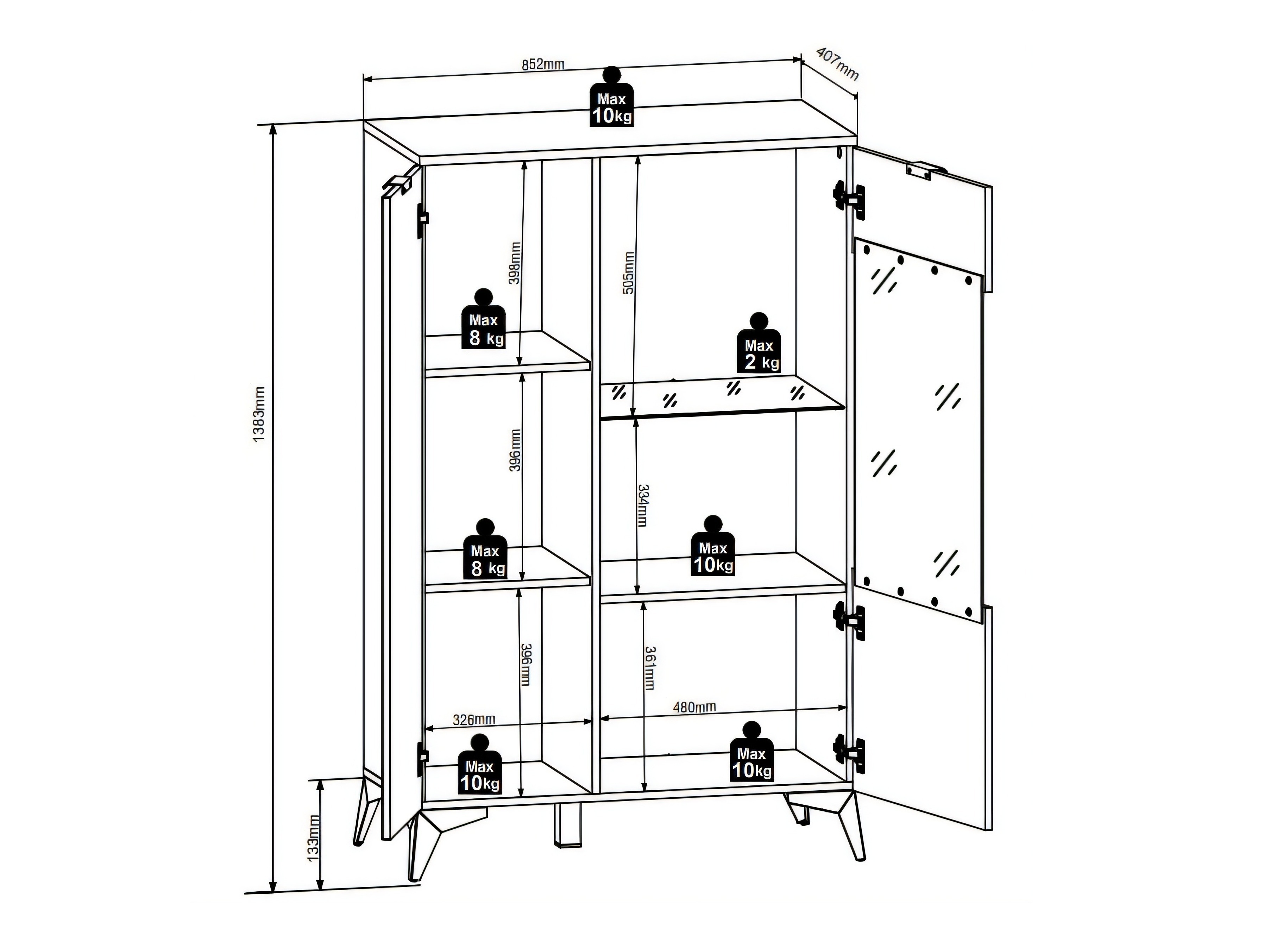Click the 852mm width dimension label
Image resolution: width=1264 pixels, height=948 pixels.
pos(543,64)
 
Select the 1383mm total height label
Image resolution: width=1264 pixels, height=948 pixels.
pos(258,414)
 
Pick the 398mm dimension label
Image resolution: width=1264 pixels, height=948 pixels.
pos(514,263)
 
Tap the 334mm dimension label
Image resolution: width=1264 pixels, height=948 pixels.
pos(643,506)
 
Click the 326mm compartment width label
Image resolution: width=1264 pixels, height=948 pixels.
pos(474,720)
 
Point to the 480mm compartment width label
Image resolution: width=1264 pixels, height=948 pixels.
pos(694,707)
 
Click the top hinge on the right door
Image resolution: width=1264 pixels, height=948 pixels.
pos(850,198)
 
